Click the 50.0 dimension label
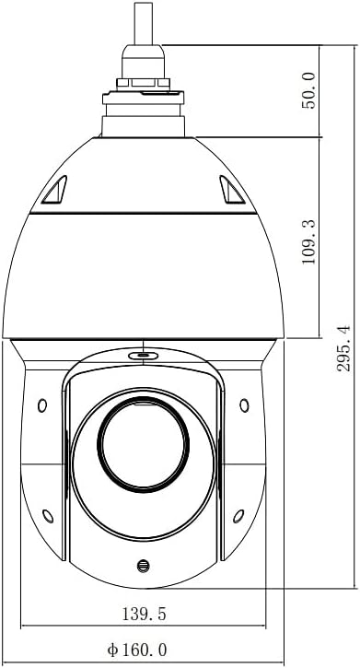pyautogui.click(x=309, y=90)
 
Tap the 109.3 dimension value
pyautogui.click(x=309, y=242)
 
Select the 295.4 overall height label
pyautogui.click(x=343, y=348)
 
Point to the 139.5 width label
pyautogui.click(x=144, y=614)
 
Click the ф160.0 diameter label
pyautogui.click(x=137, y=650)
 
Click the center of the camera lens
pyautogui.click(x=144, y=444)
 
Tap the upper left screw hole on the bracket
pyautogui.click(x=42, y=405)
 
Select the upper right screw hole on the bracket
pyautogui.click(x=244, y=405)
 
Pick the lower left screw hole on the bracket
pyautogui.click(x=48, y=516)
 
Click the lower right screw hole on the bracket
pyautogui.click(x=238, y=516)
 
